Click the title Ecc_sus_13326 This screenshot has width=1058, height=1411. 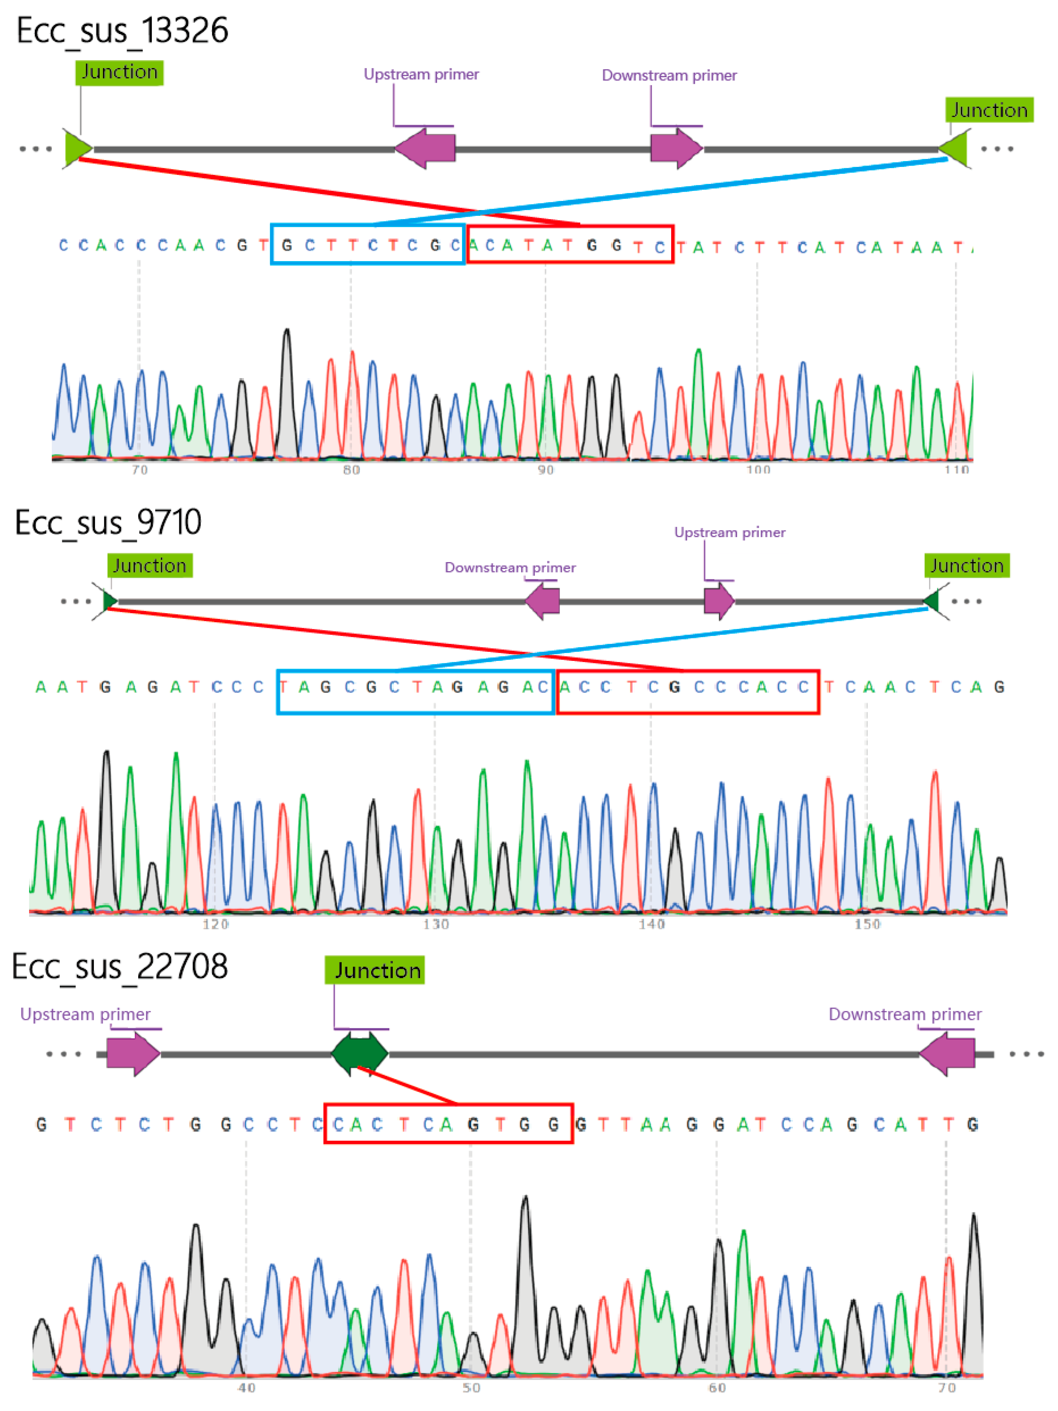point(122,31)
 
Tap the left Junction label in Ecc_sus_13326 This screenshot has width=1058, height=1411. point(119,72)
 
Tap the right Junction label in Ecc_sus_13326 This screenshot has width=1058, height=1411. point(989,110)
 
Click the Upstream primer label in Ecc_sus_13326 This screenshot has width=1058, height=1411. point(421,75)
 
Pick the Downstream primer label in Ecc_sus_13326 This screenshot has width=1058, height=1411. point(669,76)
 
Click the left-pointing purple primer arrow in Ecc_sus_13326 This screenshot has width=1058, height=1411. point(425,148)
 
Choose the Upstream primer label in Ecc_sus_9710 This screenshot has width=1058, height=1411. point(730,532)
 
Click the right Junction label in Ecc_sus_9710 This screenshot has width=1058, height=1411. point(966,566)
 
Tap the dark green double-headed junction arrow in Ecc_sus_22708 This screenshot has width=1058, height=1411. point(360,1053)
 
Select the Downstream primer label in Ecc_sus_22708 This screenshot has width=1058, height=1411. point(904,1014)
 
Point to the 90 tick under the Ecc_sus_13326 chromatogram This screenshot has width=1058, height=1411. point(545,470)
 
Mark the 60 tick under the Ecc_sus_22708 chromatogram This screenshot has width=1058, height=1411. point(717,1387)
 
